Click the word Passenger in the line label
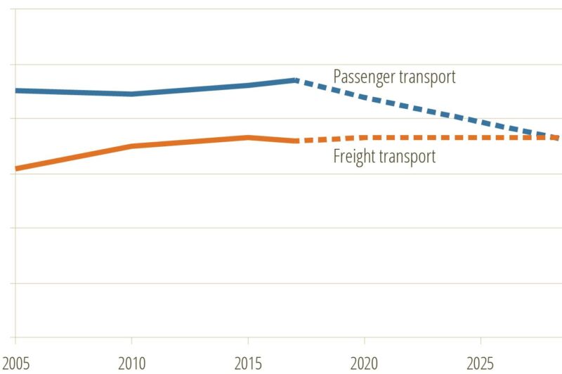[363, 77]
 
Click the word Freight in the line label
[353, 156]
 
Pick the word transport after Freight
[407, 156]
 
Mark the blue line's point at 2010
[131, 93]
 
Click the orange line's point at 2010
[131, 146]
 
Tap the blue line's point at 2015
[248, 85]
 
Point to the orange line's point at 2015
[248, 137]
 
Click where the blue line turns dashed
[296, 79]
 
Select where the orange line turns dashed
[296, 141]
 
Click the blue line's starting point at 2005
[16, 91]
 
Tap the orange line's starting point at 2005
[16, 169]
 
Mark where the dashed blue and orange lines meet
[556, 137]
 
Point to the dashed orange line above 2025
[481, 137]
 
